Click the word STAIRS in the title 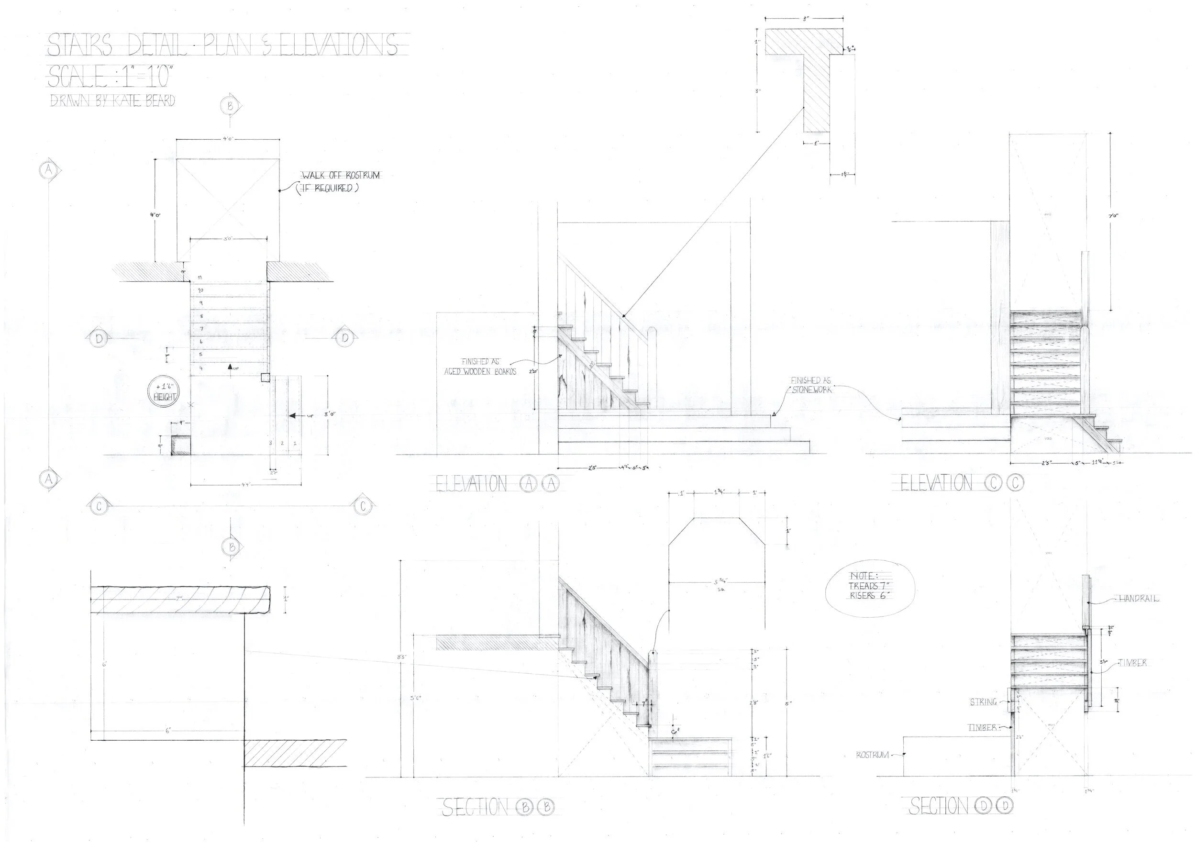(80, 45)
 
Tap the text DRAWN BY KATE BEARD (112, 100)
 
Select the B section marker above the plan (231, 106)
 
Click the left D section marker (99, 338)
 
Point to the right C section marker (361, 505)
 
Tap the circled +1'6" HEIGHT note (164, 392)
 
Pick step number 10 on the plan (200, 290)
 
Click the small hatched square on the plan (181, 446)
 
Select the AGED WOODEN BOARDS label (480, 371)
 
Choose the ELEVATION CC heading (962, 483)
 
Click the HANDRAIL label (1139, 599)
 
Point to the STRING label (983, 702)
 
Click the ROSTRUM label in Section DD (873, 754)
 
